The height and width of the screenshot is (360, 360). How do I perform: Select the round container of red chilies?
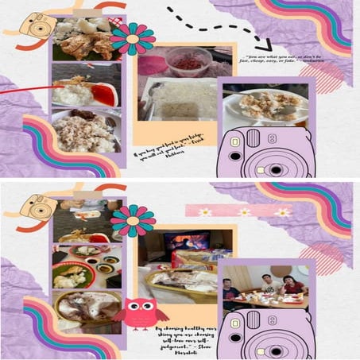[x=188, y=60]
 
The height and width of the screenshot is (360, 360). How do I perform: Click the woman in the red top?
[x=292, y=285]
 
